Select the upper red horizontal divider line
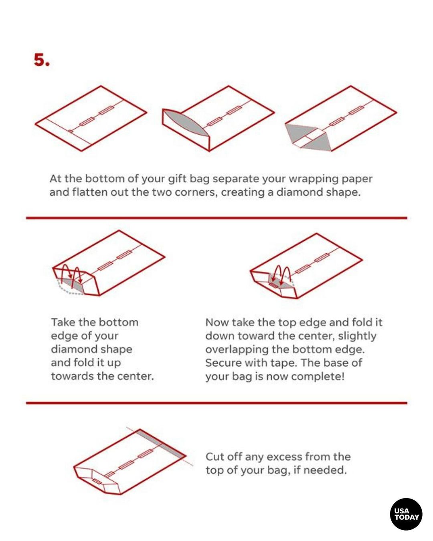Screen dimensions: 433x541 coord(216,218)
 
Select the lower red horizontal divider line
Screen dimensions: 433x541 coord(216,403)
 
